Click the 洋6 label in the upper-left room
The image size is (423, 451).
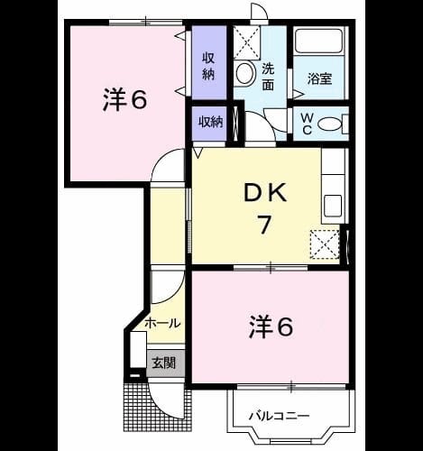click(x=124, y=99)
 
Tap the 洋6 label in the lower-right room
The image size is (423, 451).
click(x=271, y=327)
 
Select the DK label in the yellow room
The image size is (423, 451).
click(x=264, y=193)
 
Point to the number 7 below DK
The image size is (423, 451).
click(x=264, y=225)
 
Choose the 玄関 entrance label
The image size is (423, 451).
click(x=163, y=364)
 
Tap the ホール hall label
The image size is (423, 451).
click(x=162, y=323)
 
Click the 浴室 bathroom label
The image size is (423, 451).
click(x=319, y=78)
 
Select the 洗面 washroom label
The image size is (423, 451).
click(x=268, y=77)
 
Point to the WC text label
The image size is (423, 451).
click(x=307, y=124)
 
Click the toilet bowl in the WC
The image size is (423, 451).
click(x=330, y=124)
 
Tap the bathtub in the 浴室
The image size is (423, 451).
click(x=319, y=41)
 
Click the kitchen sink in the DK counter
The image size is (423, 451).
click(x=333, y=206)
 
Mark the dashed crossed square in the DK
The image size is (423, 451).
click(x=325, y=244)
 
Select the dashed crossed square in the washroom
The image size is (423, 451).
click(x=246, y=42)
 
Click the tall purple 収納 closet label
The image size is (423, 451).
click(x=208, y=66)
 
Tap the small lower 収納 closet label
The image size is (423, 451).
click(x=210, y=122)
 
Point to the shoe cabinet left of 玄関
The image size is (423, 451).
click(x=138, y=349)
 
